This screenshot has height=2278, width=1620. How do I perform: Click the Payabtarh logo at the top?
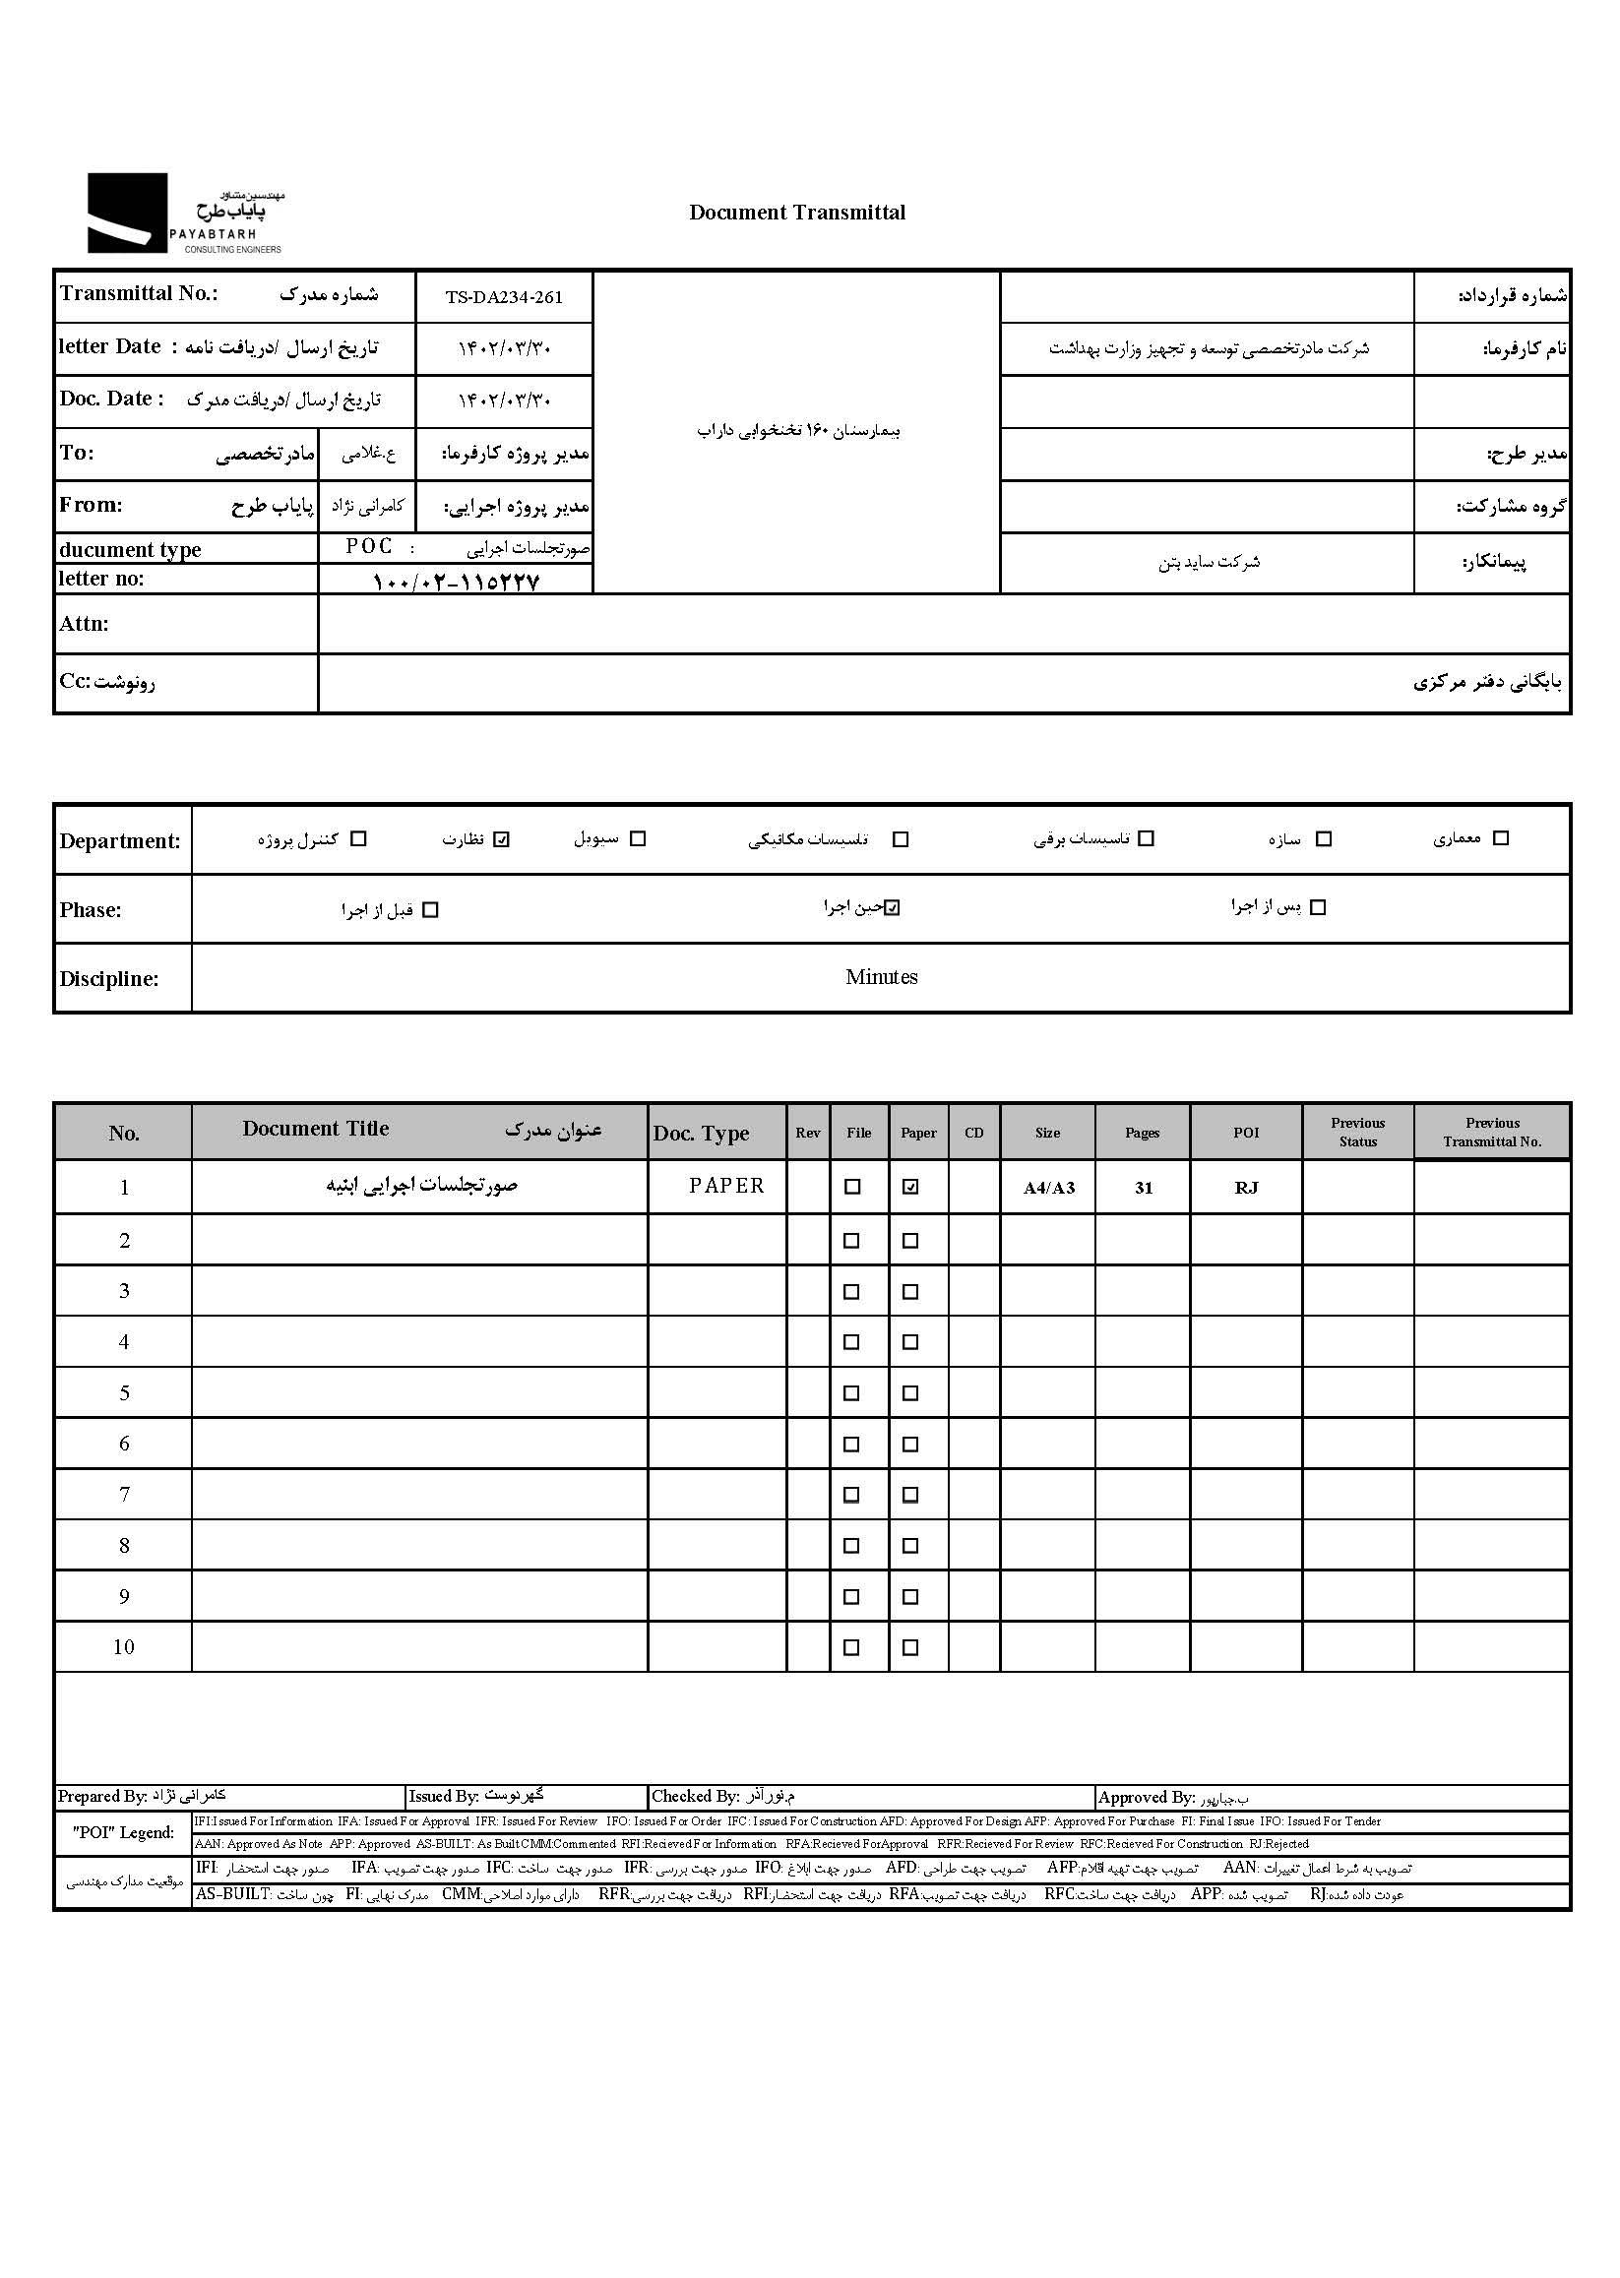tap(185, 214)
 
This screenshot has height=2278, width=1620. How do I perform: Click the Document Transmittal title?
tap(797, 213)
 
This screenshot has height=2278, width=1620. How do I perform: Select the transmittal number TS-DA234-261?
tap(504, 297)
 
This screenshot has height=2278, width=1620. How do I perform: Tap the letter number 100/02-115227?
tap(455, 582)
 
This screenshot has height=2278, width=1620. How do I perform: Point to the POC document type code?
tap(369, 546)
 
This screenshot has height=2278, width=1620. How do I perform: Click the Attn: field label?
tap(84, 624)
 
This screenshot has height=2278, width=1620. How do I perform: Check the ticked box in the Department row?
tap(502, 839)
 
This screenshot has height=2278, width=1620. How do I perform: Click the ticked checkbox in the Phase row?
tap(893, 907)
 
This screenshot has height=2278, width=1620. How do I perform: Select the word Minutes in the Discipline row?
tap(881, 977)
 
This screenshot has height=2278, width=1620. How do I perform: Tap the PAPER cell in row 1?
tap(726, 1186)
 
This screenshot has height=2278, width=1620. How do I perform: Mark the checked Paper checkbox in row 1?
tap(910, 1187)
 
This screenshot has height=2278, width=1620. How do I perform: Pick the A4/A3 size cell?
tap(1048, 1188)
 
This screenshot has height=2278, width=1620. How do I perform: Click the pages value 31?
tap(1144, 1188)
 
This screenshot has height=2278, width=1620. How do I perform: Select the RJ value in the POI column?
tap(1246, 1188)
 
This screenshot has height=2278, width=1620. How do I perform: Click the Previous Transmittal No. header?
tap(1491, 1133)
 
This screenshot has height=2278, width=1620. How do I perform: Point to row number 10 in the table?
tap(124, 1647)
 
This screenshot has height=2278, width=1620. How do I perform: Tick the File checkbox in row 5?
tap(852, 1393)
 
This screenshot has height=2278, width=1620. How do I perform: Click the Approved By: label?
tap(1147, 1797)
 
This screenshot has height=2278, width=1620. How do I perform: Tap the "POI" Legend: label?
tap(124, 1832)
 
